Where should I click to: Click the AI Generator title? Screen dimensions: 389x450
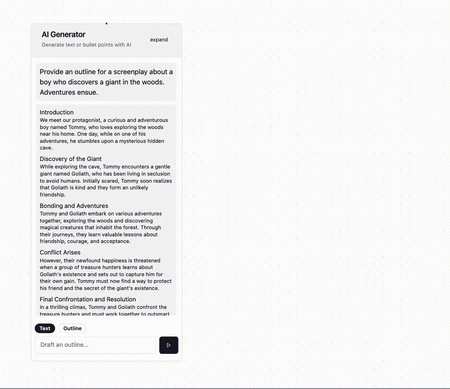[x=63, y=34]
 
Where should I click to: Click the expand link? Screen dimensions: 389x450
[x=159, y=39]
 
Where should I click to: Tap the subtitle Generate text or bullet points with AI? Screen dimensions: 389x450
[x=86, y=45]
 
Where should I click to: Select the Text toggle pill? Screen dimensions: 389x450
[x=45, y=328]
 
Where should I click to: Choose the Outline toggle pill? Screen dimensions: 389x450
[x=73, y=328]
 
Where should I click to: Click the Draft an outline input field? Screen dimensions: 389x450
[x=95, y=345]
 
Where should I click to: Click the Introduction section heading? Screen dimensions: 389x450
[x=57, y=112]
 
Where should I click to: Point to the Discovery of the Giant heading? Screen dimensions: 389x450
[x=71, y=159]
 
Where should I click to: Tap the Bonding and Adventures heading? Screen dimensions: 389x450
[x=74, y=206]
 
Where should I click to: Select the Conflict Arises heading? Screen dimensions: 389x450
[x=60, y=252]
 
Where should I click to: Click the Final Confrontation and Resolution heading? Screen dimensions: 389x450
[x=87, y=299]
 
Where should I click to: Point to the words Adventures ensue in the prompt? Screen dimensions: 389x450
[x=69, y=92]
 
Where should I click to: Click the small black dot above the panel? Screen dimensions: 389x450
[x=106, y=23]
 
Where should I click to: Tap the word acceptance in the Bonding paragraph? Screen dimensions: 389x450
[x=115, y=241]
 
